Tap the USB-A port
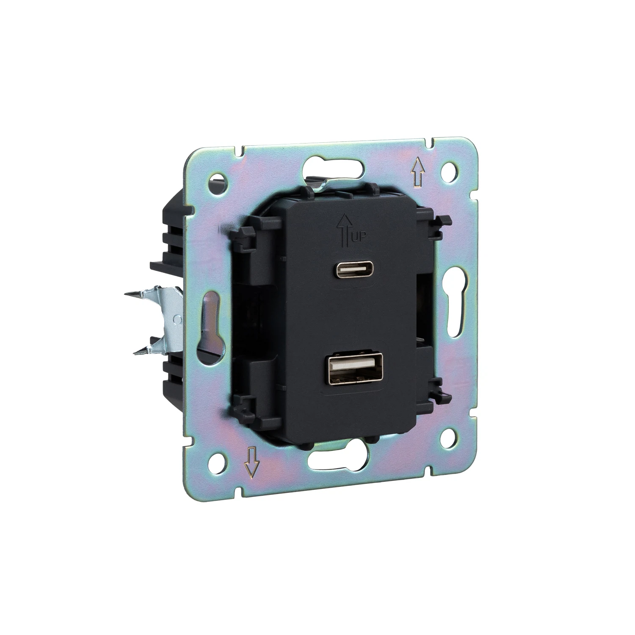[x=351, y=369]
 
